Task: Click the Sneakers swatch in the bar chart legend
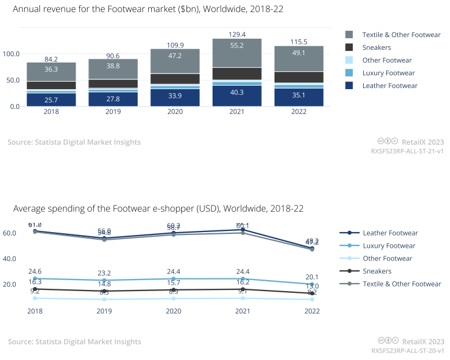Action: coord(349,47)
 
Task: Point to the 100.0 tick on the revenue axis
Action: coord(11,54)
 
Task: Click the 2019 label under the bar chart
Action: coord(105,112)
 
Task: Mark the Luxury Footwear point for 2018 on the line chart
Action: coord(35,278)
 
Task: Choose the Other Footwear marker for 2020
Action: coord(173,299)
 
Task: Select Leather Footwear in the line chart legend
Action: coord(390,233)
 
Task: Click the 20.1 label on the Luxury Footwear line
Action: coord(312,276)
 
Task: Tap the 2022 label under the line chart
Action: coord(312,311)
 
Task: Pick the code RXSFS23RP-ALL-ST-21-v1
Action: coord(407,151)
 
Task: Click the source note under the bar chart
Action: coord(74,142)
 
